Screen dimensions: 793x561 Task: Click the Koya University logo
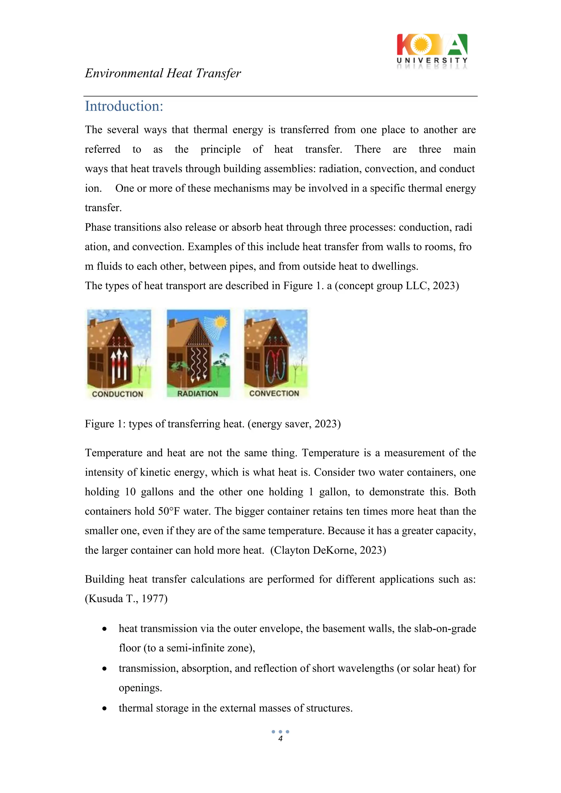pyautogui.click(x=432, y=51)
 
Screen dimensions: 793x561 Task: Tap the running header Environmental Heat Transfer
pyautogui.click(x=163, y=73)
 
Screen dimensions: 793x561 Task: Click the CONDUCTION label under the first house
pyautogui.click(x=118, y=394)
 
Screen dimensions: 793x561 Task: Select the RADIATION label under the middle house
pyautogui.click(x=198, y=394)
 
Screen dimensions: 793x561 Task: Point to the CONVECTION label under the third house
pyautogui.click(x=274, y=393)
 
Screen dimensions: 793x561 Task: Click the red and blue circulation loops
pyautogui.click(x=275, y=366)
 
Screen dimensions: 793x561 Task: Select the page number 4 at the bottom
pyautogui.click(x=280, y=739)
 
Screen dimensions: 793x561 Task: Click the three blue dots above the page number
pyautogui.click(x=280, y=731)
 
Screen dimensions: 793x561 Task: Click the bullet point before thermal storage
pyautogui.click(x=104, y=709)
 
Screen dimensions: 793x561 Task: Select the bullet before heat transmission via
pyautogui.click(x=104, y=629)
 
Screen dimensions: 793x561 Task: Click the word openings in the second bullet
pyautogui.click(x=140, y=688)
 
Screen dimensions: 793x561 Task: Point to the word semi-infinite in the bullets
pyautogui.click(x=196, y=648)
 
